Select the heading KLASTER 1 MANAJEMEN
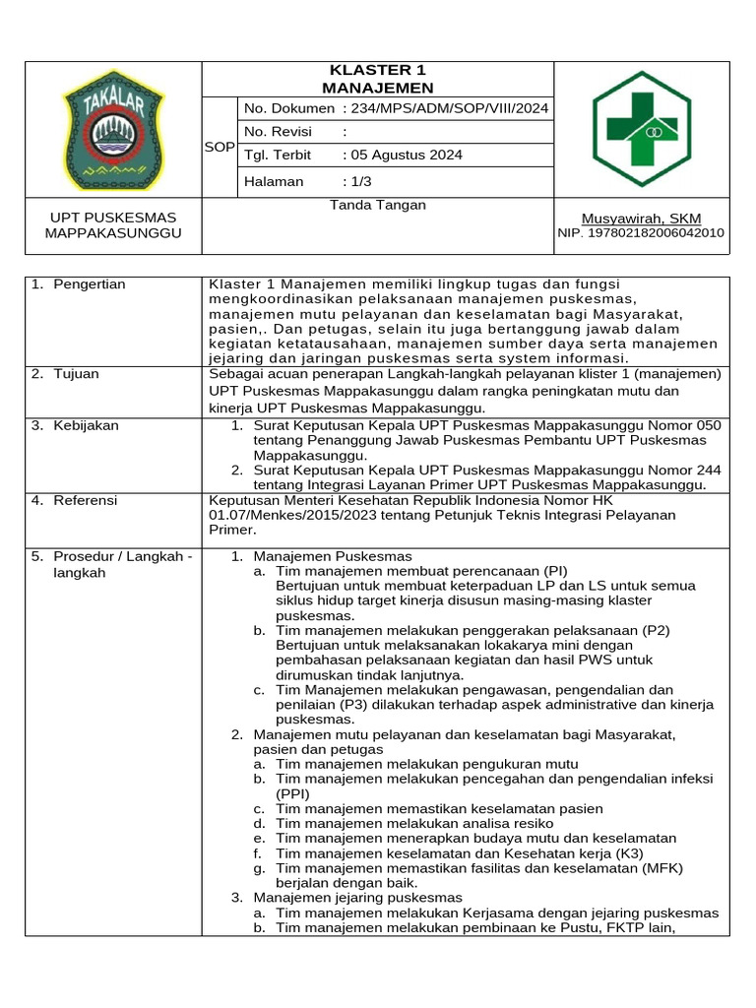pyautogui.click(x=378, y=79)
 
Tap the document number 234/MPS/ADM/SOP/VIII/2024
pyautogui.click(x=446, y=108)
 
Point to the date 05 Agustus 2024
pyautogui.click(x=403, y=156)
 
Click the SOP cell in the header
pyautogui.click(x=219, y=147)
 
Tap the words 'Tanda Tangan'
pyautogui.click(x=378, y=205)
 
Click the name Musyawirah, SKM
pyautogui.click(x=642, y=218)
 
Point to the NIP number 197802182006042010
pyautogui.click(x=641, y=233)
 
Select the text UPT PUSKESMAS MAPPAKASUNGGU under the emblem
pyautogui.click(x=113, y=225)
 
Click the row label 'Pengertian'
pyautogui.click(x=91, y=284)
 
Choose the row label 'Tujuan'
pyautogui.click(x=77, y=374)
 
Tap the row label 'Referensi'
pyautogui.click(x=86, y=500)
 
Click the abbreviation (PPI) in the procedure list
pyautogui.click(x=293, y=792)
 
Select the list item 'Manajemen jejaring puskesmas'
pyautogui.click(x=357, y=898)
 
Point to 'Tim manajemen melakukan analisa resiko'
pyautogui.click(x=414, y=823)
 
